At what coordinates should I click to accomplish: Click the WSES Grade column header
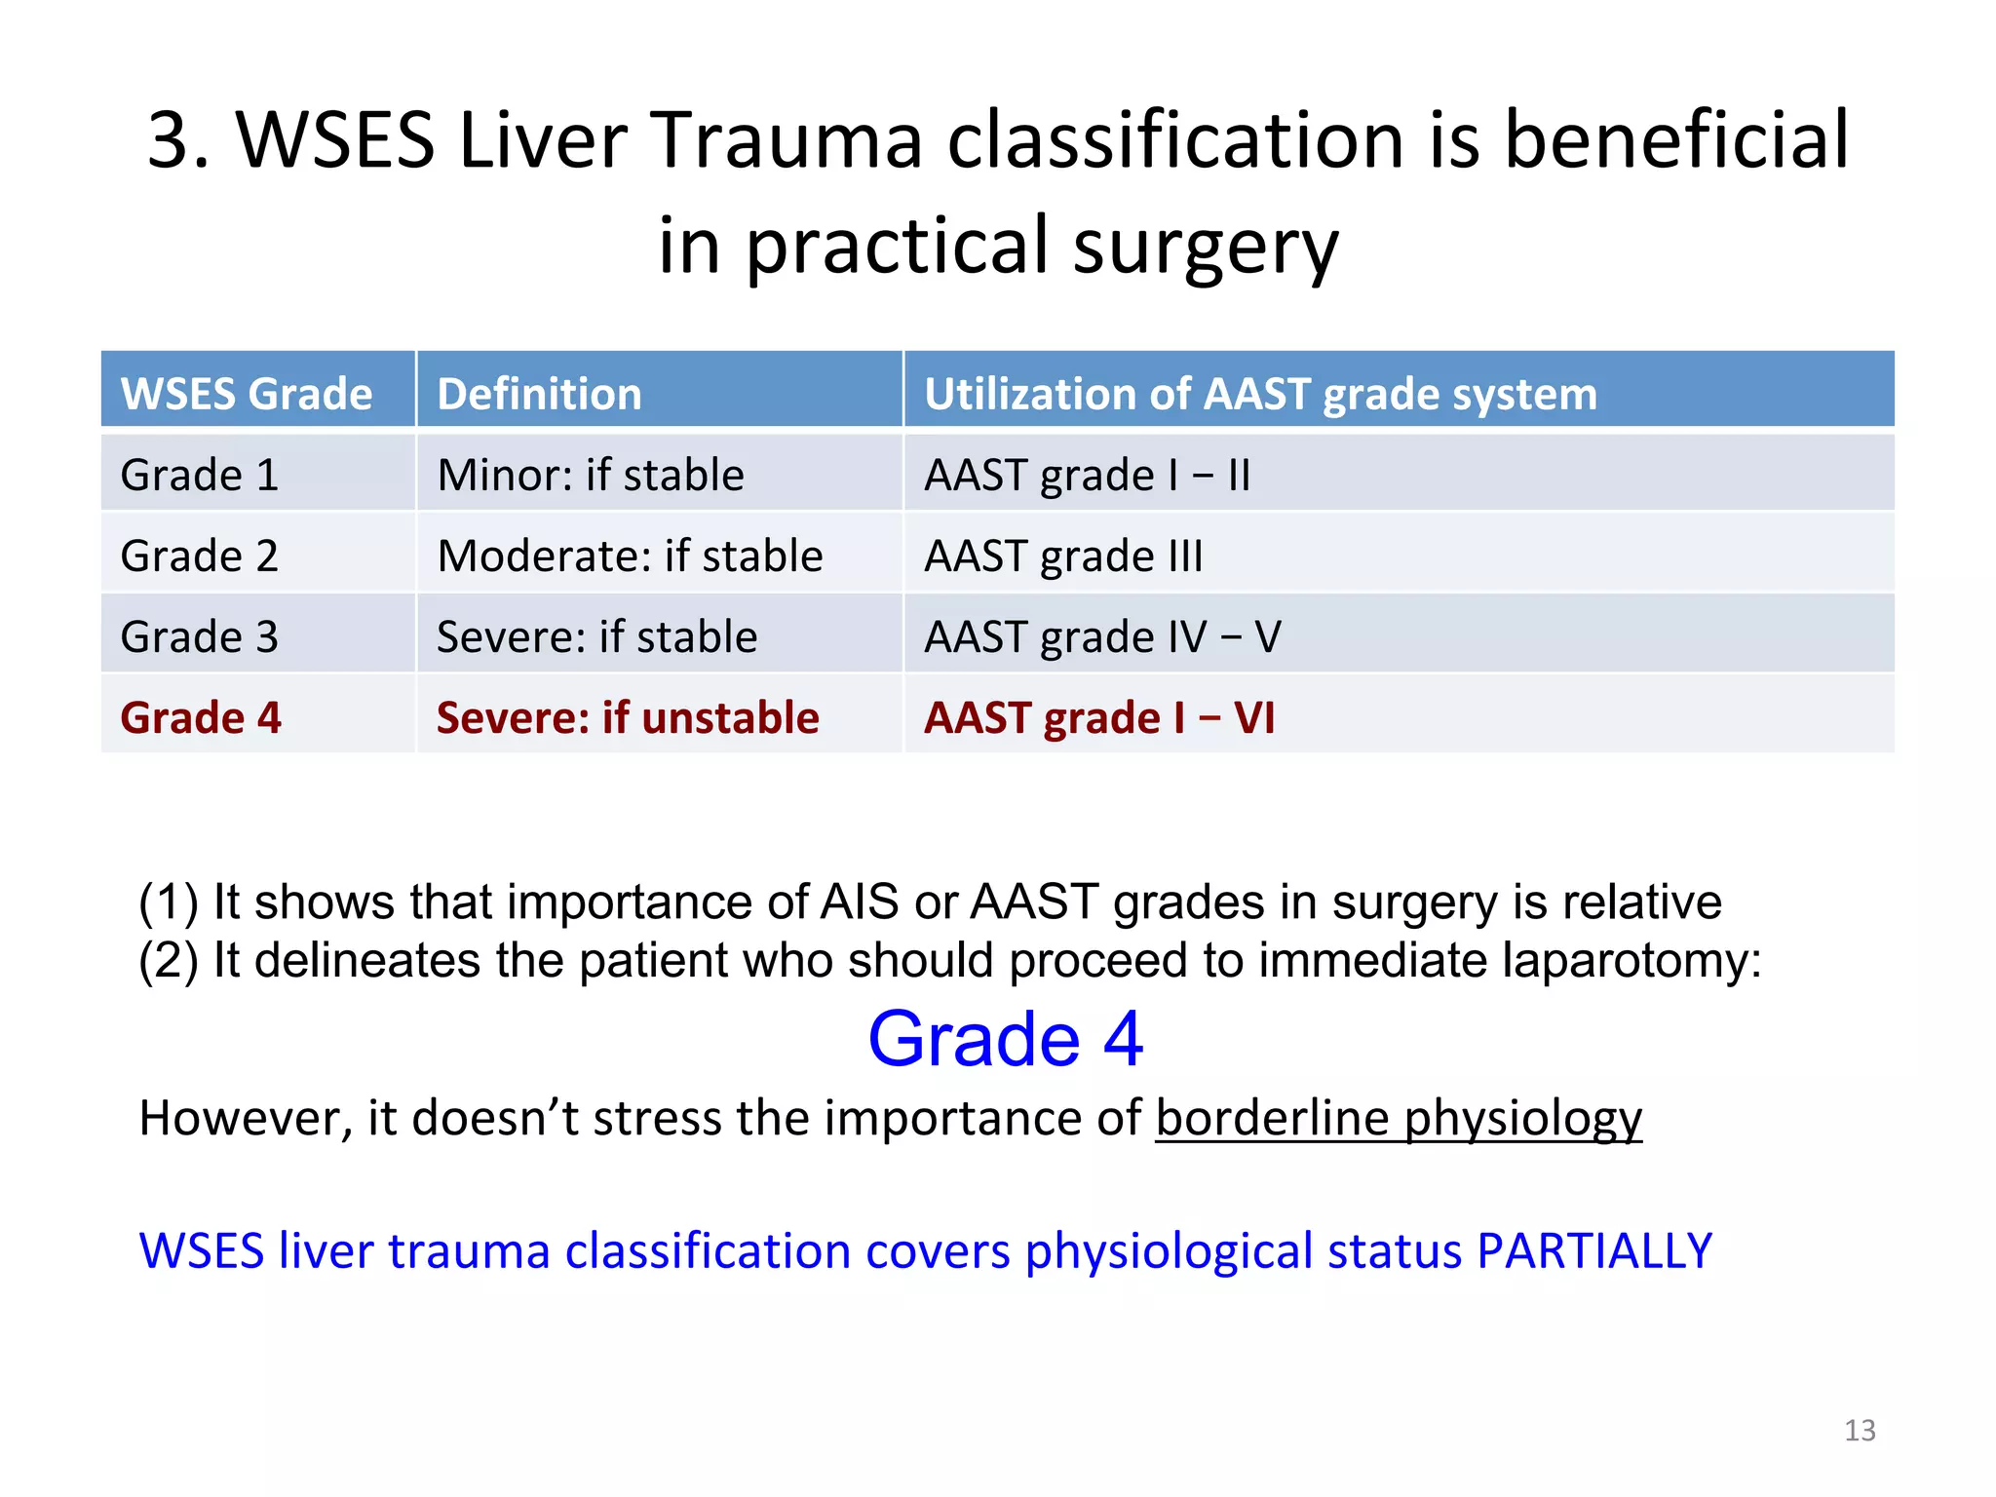coord(246,394)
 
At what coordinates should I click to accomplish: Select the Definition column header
coord(539,394)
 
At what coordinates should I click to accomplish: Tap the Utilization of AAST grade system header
coord(1260,394)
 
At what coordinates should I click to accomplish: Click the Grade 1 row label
coord(200,476)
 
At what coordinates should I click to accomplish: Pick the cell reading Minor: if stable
coord(591,476)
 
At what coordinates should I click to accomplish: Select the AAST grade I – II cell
coord(1087,476)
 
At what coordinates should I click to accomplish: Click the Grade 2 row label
coord(200,557)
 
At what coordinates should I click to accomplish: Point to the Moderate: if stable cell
coord(630,557)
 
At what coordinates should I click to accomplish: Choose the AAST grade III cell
coord(1063,557)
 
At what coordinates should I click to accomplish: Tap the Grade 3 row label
coord(200,637)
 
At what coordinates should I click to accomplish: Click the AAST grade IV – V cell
coord(1102,637)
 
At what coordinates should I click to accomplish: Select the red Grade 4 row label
coord(201,718)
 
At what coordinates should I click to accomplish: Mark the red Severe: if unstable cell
coord(628,718)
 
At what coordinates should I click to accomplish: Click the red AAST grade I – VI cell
coord(1099,718)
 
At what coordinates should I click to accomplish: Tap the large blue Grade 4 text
coord(1005,1039)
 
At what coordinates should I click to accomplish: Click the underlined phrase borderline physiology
coord(1399,1119)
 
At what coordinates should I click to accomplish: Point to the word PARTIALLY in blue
coord(1594,1250)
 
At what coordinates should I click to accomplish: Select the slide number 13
coord(1860,1430)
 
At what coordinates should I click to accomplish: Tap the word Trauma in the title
coord(785,140)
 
